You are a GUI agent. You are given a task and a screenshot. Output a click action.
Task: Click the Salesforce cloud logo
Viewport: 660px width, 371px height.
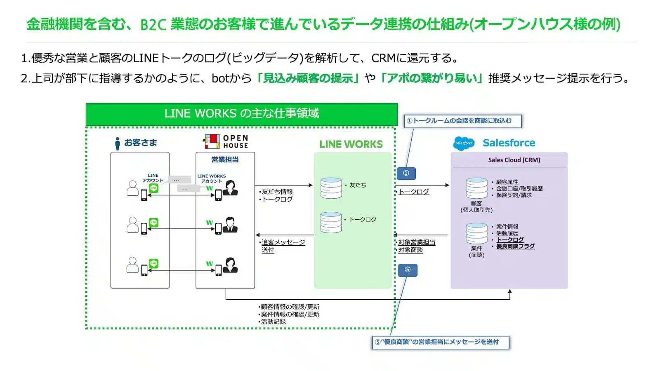464,143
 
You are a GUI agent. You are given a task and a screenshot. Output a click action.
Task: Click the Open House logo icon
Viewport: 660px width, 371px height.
212,141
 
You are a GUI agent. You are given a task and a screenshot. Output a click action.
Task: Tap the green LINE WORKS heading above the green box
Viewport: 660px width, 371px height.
351,144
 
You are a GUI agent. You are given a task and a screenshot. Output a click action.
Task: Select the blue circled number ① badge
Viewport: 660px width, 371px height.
406,173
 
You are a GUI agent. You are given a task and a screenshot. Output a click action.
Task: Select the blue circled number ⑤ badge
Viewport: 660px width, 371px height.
408,270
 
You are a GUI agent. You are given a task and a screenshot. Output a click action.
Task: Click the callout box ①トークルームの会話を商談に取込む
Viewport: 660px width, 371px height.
462,121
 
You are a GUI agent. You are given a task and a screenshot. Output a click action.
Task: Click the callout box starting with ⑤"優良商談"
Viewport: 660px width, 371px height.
440,342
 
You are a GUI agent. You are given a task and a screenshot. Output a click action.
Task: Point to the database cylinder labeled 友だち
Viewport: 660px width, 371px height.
331,188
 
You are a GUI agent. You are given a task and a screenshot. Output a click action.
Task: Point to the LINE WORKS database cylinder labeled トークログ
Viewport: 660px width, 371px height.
331,222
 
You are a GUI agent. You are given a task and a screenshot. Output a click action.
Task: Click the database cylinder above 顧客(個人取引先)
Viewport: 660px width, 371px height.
476,188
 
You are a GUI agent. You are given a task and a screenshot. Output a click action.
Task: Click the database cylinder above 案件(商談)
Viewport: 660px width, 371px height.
476,233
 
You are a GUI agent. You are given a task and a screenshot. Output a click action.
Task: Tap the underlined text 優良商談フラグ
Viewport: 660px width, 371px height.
515,247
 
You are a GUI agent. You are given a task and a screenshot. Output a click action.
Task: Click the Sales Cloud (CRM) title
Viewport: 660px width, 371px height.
514,160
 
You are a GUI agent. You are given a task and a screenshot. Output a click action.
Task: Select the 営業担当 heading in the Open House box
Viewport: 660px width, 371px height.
225,160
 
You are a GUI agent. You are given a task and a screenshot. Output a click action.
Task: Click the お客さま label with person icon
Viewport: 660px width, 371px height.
136,143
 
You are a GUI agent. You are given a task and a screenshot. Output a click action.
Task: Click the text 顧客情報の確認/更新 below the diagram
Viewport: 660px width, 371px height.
290,307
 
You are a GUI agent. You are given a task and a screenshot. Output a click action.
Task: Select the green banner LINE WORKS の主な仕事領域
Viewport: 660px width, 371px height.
242,113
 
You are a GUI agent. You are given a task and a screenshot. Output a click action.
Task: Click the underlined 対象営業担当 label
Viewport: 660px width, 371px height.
416,242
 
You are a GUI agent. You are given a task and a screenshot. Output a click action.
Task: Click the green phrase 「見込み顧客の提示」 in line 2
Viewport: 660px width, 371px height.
307,78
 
